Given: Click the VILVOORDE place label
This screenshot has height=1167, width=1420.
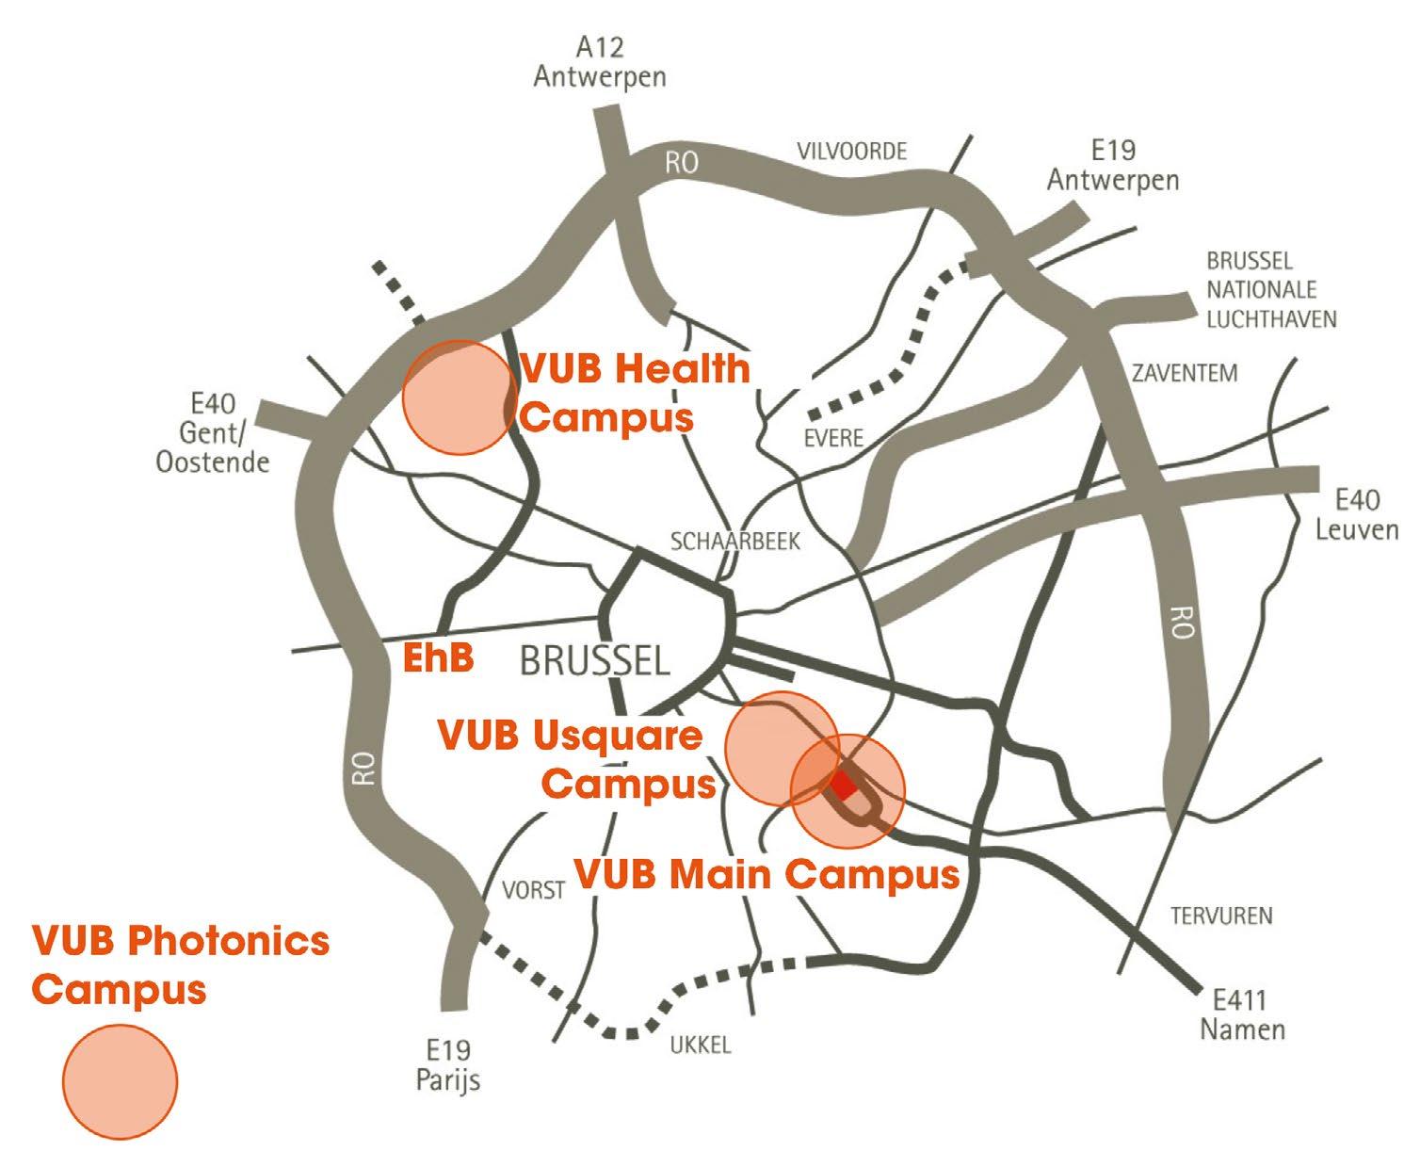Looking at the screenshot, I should pyautogui.click(x=851, y=151).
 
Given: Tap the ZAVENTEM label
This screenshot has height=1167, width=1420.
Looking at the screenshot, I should pyautogui.click(x=1185, y=373).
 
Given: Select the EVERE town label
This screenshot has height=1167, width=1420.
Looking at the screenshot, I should pyautogui.click(x=833, y=438).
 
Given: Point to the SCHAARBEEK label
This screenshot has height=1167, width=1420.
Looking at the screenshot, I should pyautogui.click(x=734, y=541).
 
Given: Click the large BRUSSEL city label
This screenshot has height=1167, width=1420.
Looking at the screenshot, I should pyautogui.click(x=595, y=660).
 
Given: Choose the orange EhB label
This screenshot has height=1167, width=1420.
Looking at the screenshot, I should pyautogui.click(x=438, y=657).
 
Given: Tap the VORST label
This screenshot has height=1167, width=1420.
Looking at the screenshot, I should pyautogui.click(x=533, y=889).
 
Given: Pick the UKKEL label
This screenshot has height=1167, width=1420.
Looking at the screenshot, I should pyautogui.click(x=700, y=1045).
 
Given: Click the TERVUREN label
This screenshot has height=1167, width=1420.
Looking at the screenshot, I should pyautogui.click(x=1220, y=915).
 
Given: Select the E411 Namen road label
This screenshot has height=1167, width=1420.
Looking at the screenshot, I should pyautogui.click(x=1242, y=1013).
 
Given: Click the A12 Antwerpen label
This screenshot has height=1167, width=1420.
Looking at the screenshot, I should pyautogui.click(x=600, y=61).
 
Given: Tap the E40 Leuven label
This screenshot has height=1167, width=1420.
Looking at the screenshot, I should pyautogui.click(x=1356, y=514).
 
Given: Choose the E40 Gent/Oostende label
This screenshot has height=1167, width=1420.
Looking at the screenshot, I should pyautogui.click(x=213, y=433).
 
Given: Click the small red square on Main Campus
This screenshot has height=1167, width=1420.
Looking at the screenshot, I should pyautogui.click(x=844, y=785).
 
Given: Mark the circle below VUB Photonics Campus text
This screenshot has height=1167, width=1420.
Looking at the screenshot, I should pyautogui.click(x=121, y=1081).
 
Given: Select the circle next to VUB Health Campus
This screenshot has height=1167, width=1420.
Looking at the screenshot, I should pyautogui.click(x=459, y=397).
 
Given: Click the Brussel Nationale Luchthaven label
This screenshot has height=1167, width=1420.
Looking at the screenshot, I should pyautogui.click(x=1271, y=290).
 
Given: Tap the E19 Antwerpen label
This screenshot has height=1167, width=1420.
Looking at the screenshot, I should pyautogui.click(x=1113, y=165).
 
